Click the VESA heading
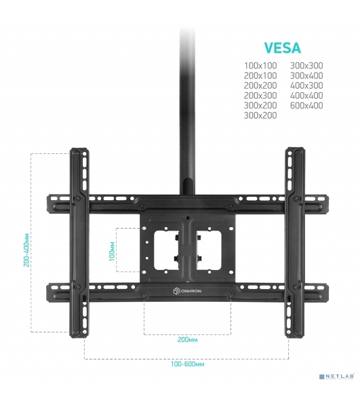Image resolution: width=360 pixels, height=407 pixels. [x=283, y=47]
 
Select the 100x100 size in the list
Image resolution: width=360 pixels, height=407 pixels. [x=260, y=65]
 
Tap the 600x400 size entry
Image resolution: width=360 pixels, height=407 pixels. [x=306, y=105]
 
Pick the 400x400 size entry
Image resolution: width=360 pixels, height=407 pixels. [x=306, y=96]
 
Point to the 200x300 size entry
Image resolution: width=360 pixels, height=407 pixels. [x=260, y=96]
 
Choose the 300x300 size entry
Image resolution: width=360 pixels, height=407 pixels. [x=306, y=65]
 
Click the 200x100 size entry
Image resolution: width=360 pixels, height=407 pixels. [x=260, y=75]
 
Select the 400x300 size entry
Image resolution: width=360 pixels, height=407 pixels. [x=306, y=85]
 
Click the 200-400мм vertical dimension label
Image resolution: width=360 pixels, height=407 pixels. [x=26, y=250]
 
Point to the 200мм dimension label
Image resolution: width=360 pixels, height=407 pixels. [x=187, y=340]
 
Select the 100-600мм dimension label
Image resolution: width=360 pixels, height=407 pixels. [x=187, y=364]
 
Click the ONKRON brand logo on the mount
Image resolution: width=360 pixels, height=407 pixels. [x=187, y=291]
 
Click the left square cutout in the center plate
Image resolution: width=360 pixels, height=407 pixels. [x=166, y=250]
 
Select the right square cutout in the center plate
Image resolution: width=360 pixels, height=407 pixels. [x=209, y=250]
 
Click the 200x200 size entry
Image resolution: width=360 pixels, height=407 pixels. [x=260, y=85]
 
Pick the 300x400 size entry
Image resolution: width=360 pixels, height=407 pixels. [x=306, y=75]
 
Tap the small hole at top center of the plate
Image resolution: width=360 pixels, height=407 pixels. [x=188, y=218]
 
